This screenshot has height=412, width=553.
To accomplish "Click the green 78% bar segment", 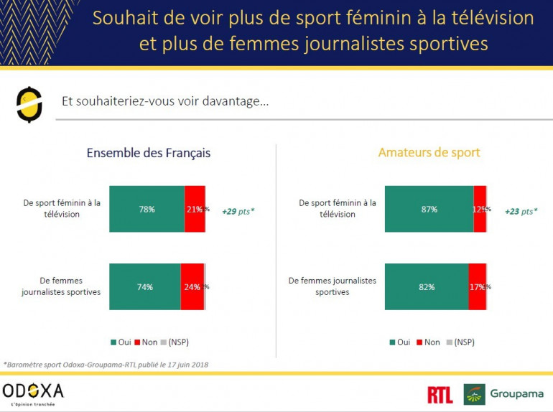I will (147, 209).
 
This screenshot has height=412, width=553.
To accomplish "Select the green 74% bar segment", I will (145, 287).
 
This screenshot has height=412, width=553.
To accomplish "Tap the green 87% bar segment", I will (429, 209).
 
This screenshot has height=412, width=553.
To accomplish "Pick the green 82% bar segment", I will (427, 287).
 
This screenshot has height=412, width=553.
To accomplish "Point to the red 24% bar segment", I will (192, 287).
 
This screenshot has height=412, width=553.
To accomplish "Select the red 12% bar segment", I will (479, 209).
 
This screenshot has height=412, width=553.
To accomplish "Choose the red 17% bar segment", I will (477, 287).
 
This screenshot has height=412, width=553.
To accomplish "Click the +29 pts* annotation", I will (238, 212).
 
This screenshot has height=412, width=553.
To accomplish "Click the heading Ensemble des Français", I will (149, 153).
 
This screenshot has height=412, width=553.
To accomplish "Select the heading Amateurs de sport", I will (429, 153).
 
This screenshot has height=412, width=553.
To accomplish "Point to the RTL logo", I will (440, 394).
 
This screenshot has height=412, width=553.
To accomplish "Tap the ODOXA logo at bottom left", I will (33, 393).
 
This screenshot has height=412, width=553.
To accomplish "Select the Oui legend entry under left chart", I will (121, 342).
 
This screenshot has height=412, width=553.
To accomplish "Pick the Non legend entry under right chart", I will (428, 342).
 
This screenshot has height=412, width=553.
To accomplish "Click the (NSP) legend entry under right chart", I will (463, 342).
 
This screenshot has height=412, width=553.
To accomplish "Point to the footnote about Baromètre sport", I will (106, 365).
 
